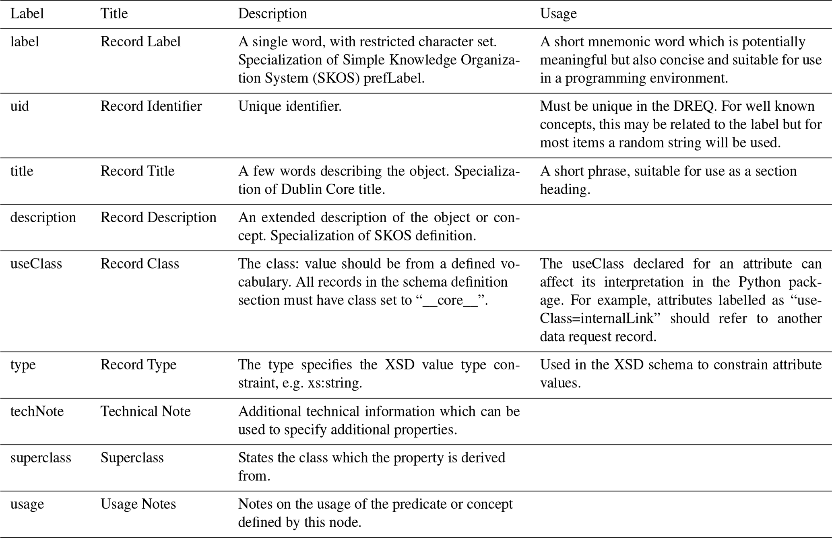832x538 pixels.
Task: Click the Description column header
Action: pyautogui.click(x=273, y=14)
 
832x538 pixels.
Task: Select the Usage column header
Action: pyautogui.click(x=558, y=14)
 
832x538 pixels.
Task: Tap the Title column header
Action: pyautogui.click(x=114, y=14)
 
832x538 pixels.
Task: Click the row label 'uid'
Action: pyautogui.click(x=20, y=106)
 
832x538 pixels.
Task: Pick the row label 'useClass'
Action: pyautogui.click(x=36, y=264)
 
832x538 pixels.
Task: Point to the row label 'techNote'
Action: pyautogui.click(x=37, y=411)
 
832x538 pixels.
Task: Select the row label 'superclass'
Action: pyautogui.click(x=41, y=458)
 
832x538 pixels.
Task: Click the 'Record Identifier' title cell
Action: pyautogui.click(x=151, y=106)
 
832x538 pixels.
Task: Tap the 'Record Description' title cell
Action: pyautogui.click(x=158, y=217)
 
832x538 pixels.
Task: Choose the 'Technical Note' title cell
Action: pyautogui.click(x=145, y=411)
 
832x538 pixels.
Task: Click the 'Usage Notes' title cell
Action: pyautogui.click(x=138, y=504)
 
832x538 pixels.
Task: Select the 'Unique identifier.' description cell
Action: pyautogui.click(x=290, y=106)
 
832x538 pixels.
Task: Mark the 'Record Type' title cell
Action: pyautogui.click(x=138, y=365)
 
